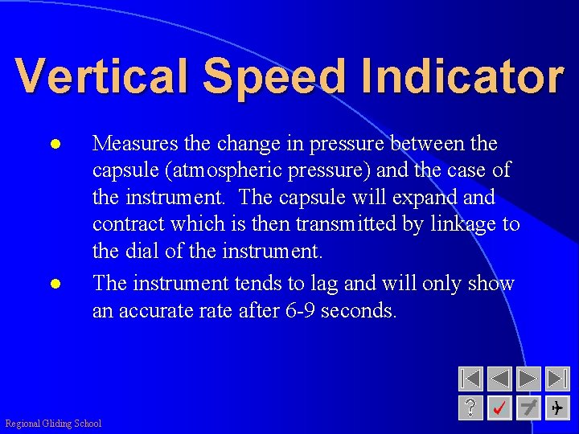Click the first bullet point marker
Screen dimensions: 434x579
click(55, 145)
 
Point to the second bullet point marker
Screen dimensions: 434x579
click(55, 284)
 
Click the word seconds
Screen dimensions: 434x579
click(359, 310)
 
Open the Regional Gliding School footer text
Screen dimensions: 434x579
click(53, 424)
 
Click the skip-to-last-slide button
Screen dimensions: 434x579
click(557, 379)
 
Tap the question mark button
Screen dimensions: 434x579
click(470, 408)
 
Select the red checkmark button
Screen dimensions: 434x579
click(499, 408)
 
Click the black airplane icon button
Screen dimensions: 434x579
click(557, 408)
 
